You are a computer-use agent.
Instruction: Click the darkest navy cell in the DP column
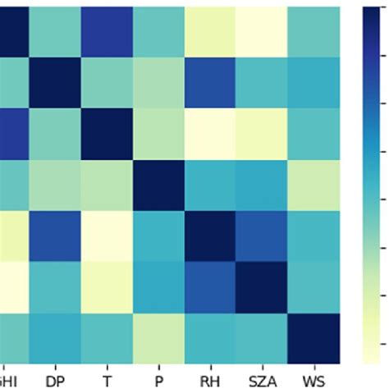pyautogui.click(x=56, y=82)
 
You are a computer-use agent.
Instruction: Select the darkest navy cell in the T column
pyautogui.click(x=107, y=134)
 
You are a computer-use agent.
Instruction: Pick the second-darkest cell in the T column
pyautogui.click(x=107, y=31)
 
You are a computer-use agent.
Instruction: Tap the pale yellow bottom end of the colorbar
pyautogui.click(x=375, y=358)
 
